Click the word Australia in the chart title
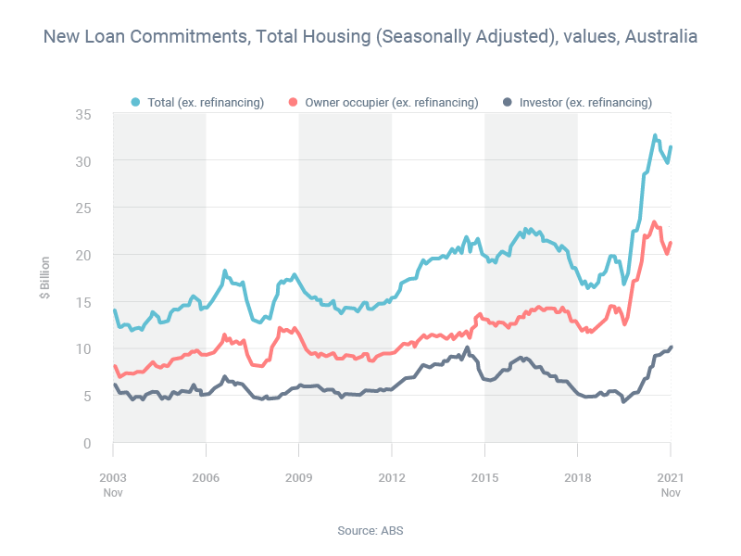pyautogui.click(x=661, y=38)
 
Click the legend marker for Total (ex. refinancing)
pyautogui.click(x=137, y=102)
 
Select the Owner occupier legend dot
pyautogui.click(x=295, y=102)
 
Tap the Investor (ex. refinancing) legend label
pyautogui.click(x=585, y=102)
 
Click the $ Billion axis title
pyautogui.click(x=44, y=278)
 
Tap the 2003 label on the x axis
pyautogui.click(x=113, y=476)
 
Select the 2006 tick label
pyautogui.click(x=206, y=476)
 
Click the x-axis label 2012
pyautogui.click(x=392, y=476)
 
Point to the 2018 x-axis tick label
pyautogui.click(x=578, y=476)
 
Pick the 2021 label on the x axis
pyautogui.click(x=671, y=476)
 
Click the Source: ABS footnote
pyautogui.click(x=370, y=531)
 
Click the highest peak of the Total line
pyautogui.click(x=655, y=135)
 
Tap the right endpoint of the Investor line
pyautogui.click(x=671, y=347)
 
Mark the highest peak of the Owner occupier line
pyautogui.click(x=654, y=222)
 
